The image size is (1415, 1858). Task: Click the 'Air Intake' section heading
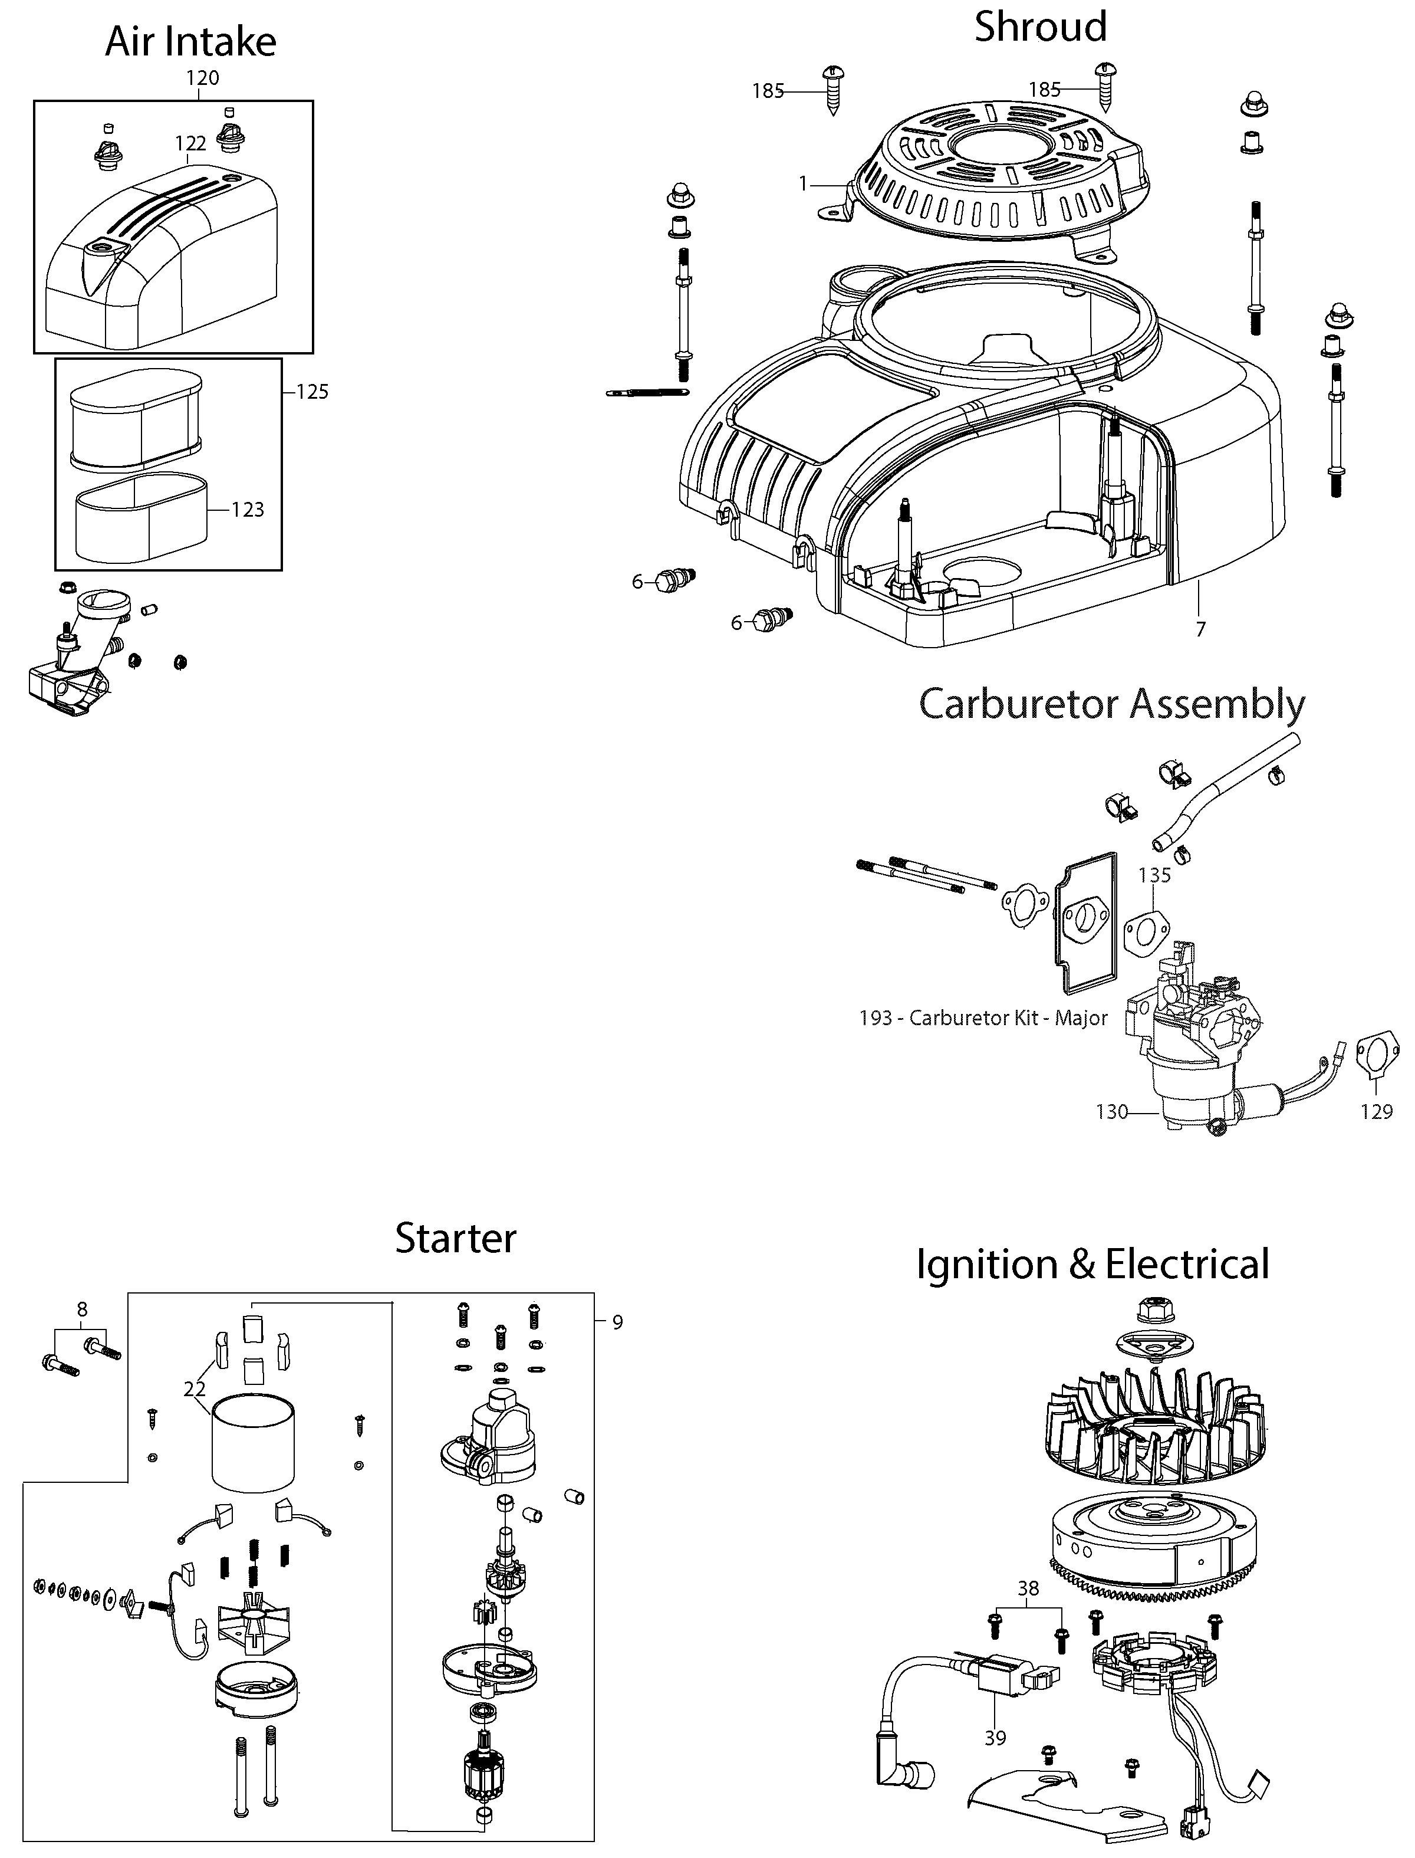190,42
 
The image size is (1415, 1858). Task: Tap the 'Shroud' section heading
1040,27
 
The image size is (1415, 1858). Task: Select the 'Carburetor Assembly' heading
1112,704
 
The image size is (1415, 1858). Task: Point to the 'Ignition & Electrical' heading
1092,1264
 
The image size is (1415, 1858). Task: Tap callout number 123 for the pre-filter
248,510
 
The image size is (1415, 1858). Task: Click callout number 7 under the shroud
1200,629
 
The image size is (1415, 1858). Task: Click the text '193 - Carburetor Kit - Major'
983,1018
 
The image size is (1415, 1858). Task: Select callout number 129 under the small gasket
1376,1112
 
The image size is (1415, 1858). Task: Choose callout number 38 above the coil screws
1028,1588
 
